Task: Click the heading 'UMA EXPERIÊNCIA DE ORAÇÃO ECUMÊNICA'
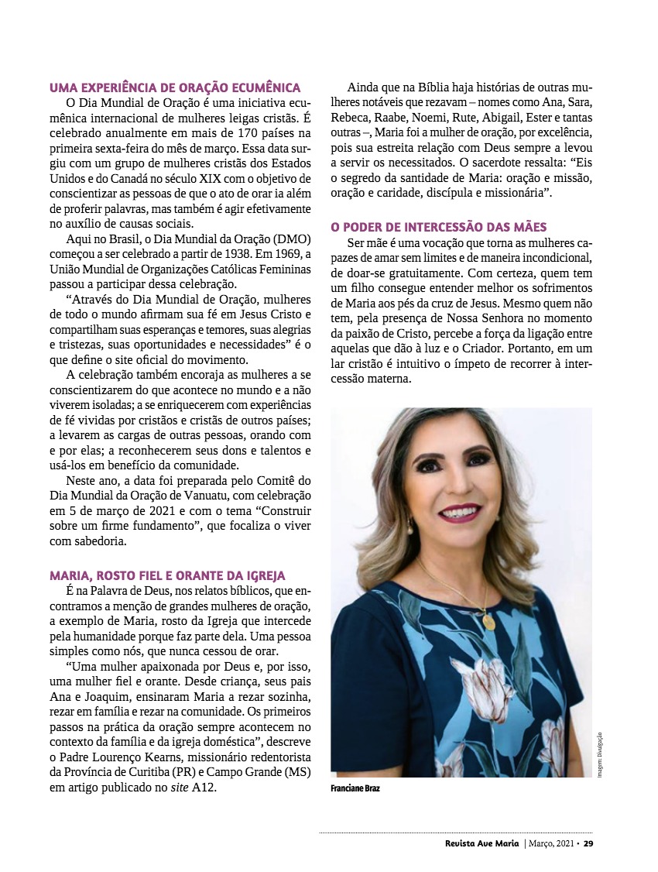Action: (x=175, y=88)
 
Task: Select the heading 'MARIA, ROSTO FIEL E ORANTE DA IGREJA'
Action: (x=167, y=575)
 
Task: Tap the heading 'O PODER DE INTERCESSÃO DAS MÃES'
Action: (x=439, y=227)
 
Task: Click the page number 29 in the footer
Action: (x=588, y=843)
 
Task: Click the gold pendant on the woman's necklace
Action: (x=488, y=622)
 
